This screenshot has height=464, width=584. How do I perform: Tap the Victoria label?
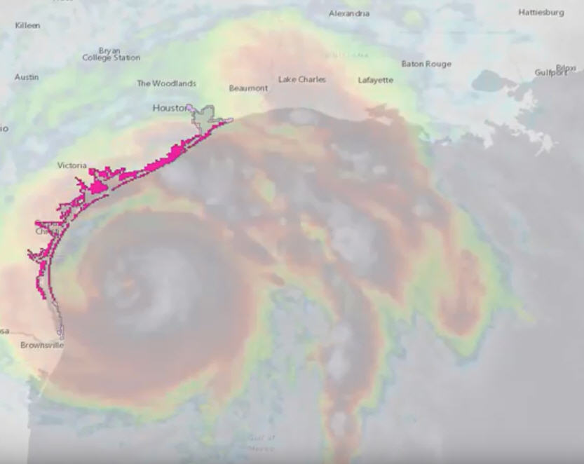72,165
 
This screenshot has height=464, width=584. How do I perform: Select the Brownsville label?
42,346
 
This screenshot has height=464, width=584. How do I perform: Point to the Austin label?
27,77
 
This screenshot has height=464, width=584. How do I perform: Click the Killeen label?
27,26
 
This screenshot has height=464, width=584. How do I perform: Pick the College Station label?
111,58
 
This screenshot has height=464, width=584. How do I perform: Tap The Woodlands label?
166,83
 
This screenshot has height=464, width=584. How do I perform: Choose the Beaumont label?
248,88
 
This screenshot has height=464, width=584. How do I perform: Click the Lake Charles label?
302,80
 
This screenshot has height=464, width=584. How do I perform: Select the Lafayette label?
376,81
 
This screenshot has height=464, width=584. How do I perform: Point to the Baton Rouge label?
426,64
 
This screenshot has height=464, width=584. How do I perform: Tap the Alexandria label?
349,14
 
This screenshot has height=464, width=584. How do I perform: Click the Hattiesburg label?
541,13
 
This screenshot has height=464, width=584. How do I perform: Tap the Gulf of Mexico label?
261,442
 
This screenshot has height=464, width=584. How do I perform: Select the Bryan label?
109,50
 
